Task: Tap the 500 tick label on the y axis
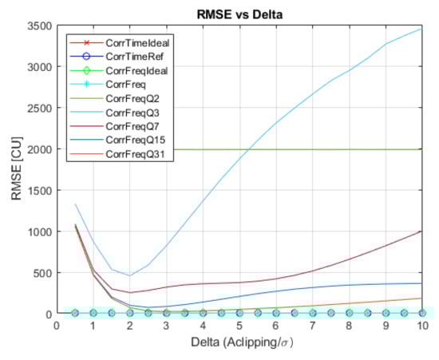pos(42,273)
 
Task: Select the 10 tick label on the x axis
pos(421,326)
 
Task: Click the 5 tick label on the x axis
pos(239,326)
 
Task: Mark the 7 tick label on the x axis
pos(312,326)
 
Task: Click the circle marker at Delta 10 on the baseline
pos(421,313)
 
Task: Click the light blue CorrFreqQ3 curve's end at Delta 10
pos(421,29)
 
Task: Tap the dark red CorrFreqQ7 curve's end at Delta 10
pos(421,231)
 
